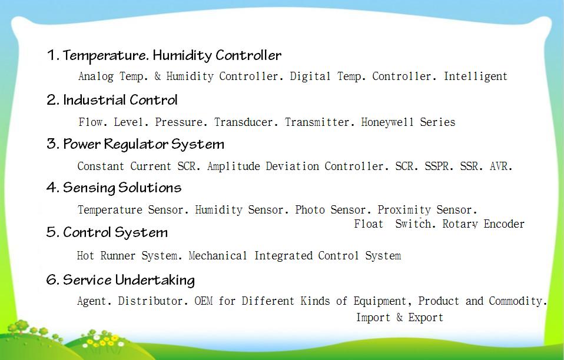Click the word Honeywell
point(387,122)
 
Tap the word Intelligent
point(476,76)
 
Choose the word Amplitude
point(234,166)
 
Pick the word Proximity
point(404,210)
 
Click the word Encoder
point(504,224)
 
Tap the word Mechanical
point(218,255)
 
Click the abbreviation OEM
point(204,301)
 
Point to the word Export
point(426,318)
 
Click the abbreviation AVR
point(501,166)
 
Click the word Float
point(369,224)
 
